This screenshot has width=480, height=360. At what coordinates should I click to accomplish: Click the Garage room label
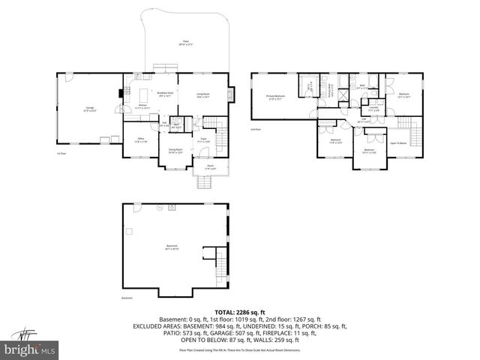click(x=89, y=109)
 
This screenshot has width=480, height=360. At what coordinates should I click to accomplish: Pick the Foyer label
click(x=203, y=139)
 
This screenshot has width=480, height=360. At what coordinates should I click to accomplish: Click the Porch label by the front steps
click(x=211, y=168)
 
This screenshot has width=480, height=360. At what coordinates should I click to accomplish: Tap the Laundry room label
click(x=373, y=110)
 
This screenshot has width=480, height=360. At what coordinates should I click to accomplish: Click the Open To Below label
click(x=398, y=142)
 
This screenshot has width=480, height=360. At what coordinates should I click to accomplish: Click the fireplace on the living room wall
click(x=231, y=93)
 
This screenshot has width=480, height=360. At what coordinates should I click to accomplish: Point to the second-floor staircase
click(x=406, y=124)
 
